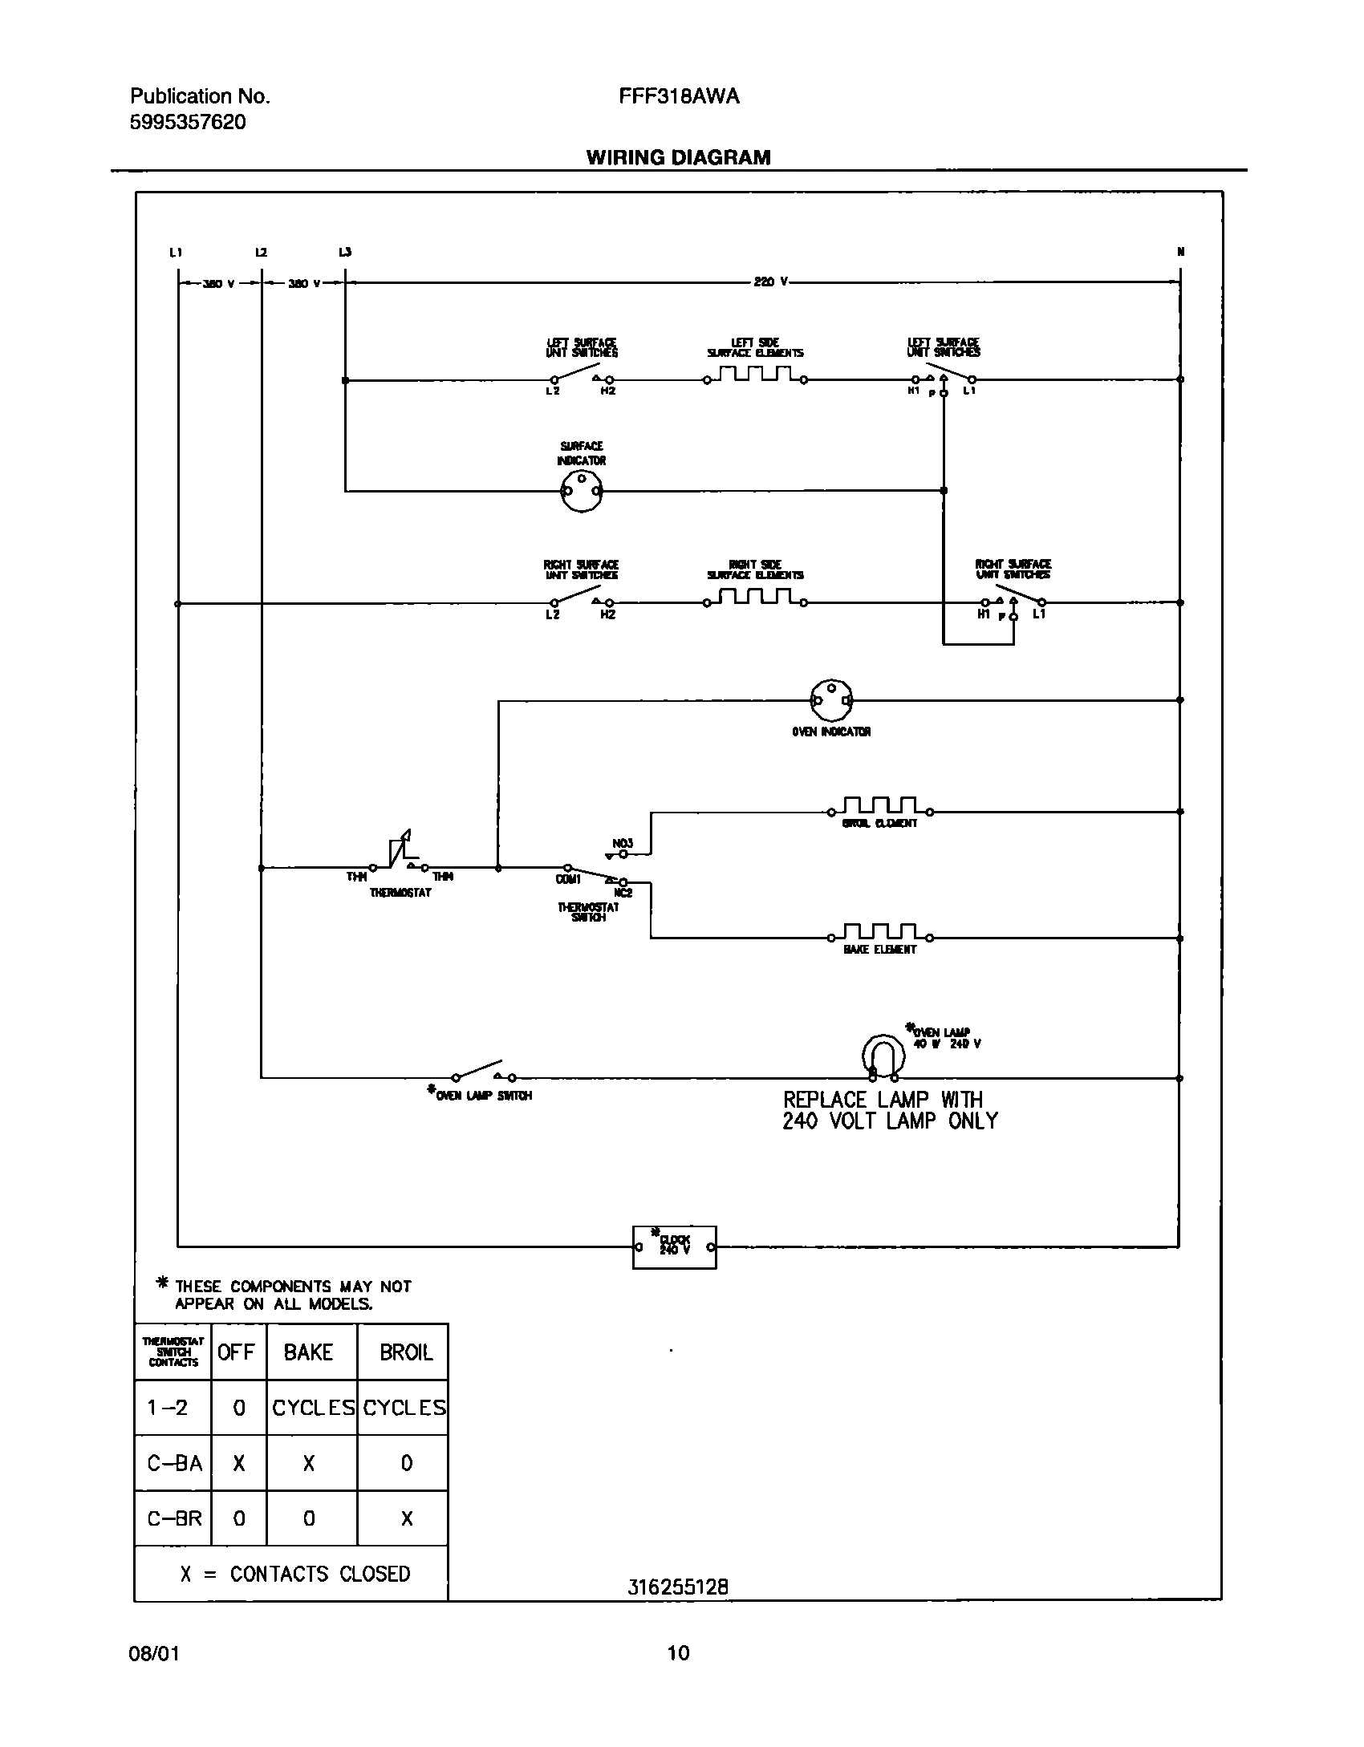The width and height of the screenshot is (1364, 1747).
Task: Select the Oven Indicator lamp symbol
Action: coord(831,701)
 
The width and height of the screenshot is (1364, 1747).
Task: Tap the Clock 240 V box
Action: coord(674,1247)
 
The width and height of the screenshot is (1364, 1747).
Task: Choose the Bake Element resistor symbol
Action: coord(880,932)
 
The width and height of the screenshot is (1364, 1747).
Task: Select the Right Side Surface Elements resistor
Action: coord(755,598)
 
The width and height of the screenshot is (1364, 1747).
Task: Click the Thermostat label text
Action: coord(400,893)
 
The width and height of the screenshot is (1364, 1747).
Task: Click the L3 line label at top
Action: coord(345,252)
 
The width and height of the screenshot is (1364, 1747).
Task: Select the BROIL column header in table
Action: coord(405,1352)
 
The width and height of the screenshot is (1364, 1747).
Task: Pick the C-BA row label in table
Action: coord(174,1463)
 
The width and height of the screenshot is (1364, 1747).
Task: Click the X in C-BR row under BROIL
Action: coord(406,1518)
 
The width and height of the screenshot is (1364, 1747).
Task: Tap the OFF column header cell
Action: coord(237,1352)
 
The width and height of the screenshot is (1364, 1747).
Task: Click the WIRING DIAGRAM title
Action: coord(678,157)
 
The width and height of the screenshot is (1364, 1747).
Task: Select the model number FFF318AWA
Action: coord(679,97)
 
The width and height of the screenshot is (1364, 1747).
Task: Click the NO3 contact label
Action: coord(623,843)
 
